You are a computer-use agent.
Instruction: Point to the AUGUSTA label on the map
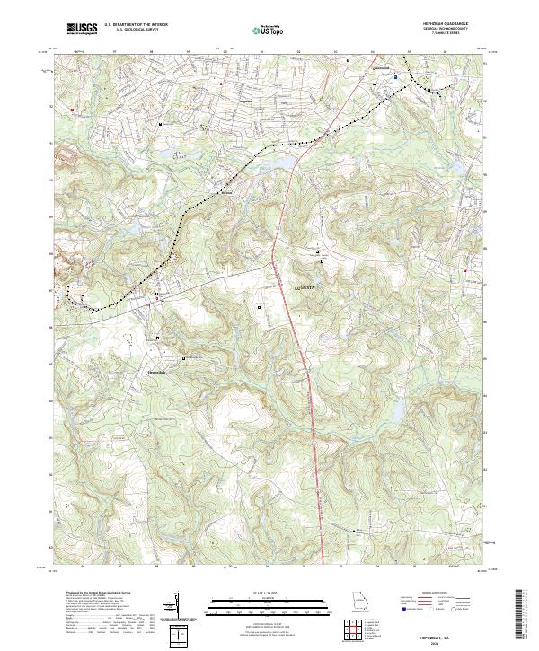pos(309,287)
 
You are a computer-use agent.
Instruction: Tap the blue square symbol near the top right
pos(394,77)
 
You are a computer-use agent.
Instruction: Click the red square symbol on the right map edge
pos(464,269)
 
